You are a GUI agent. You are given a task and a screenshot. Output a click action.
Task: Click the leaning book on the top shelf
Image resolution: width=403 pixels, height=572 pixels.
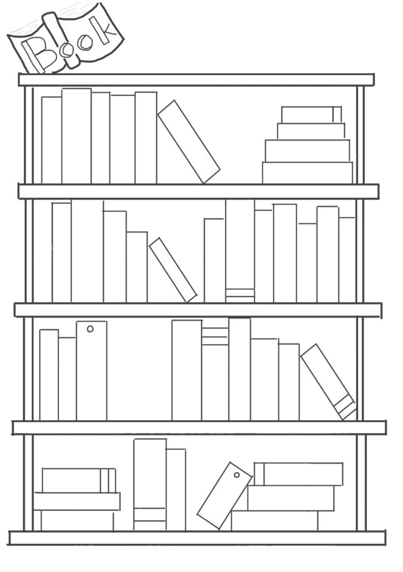click(x=189, y=141)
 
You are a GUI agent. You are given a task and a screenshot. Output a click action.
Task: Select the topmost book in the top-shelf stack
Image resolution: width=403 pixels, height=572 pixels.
click(x=311, y=115)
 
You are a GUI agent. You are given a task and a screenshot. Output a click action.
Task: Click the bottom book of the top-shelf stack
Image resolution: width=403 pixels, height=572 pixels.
click(x=307, y=172)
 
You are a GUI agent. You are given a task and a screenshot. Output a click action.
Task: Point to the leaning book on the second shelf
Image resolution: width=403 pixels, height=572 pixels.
click(x=173, y=270)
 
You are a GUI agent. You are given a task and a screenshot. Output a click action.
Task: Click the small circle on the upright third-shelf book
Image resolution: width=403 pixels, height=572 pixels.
click(x=90, y=329)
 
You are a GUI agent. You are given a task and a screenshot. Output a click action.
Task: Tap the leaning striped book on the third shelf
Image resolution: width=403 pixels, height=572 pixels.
click(x=328, y=382)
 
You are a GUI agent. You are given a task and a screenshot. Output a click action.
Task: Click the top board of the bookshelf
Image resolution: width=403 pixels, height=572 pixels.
click(x=196, y=80)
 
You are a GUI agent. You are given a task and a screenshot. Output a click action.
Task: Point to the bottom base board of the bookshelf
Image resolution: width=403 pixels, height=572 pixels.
click(x=197, y=538)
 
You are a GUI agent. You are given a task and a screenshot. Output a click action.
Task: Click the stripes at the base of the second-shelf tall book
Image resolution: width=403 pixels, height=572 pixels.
click(x=240, y=296)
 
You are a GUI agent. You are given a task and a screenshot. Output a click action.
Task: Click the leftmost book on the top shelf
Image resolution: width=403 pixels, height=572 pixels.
click(x=51, y=140)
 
